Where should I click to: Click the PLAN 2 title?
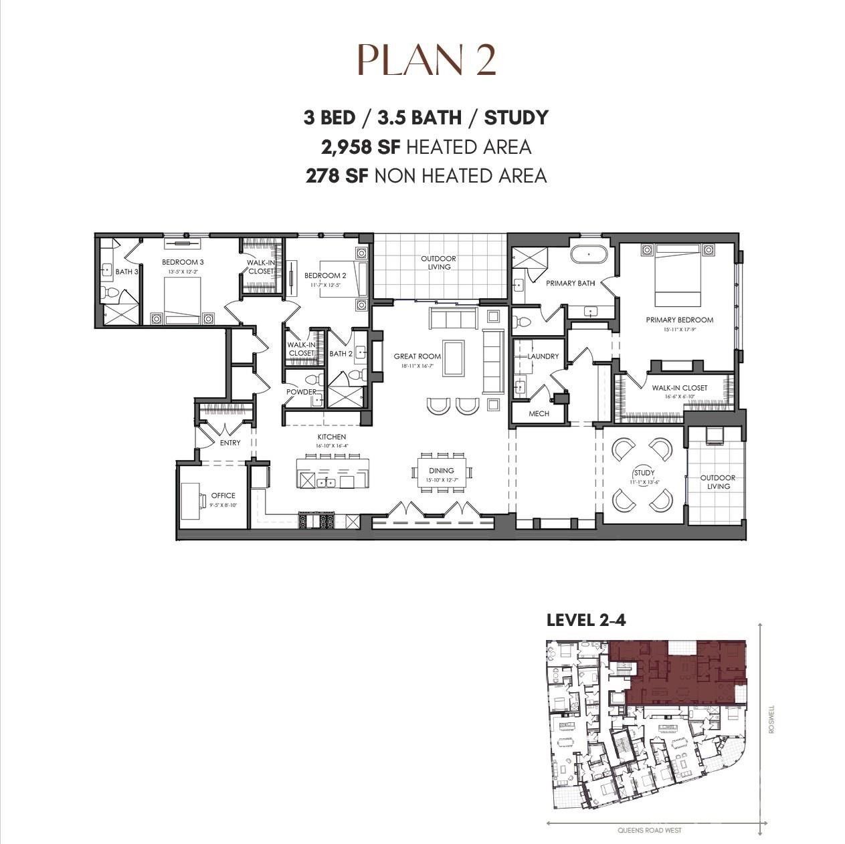click(x=426, y=60)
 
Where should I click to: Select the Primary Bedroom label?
click(x=679, y=320)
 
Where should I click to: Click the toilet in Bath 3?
click(x=111, y=292)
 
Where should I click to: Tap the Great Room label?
click(x=417, y=356)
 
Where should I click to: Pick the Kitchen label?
click(x=331, y=437)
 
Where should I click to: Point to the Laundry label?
click(x=543, y=356)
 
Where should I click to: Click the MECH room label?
click(x=539, y=413)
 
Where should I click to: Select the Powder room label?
click(x=301, y=392)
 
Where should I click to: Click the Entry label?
click(x=230, y=443)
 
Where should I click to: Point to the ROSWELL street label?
click(x=771, y=719)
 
